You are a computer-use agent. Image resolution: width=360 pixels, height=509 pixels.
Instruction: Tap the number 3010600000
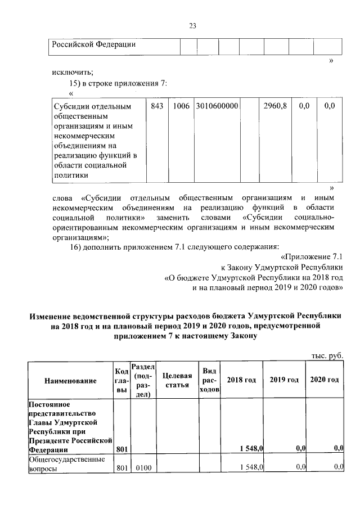[x=217, y=105]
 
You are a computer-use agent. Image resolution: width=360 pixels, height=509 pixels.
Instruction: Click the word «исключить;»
[x=72, y=71]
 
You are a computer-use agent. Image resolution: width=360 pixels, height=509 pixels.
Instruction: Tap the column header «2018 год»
[x=241, y=380]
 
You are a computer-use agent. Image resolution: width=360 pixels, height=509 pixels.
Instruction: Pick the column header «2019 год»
[x=283, y=380]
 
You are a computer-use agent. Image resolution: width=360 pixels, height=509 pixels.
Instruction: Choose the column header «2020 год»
[x=325, y=380]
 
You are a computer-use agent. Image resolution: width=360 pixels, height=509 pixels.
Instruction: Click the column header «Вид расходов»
[x=209, y=380]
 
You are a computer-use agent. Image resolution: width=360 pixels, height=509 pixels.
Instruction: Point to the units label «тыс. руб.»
[x=327, y=355]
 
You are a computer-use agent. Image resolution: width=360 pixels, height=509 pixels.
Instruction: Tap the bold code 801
[x=121, y=449]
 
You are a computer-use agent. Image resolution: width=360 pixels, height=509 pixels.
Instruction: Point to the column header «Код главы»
[x=121, y=381]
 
